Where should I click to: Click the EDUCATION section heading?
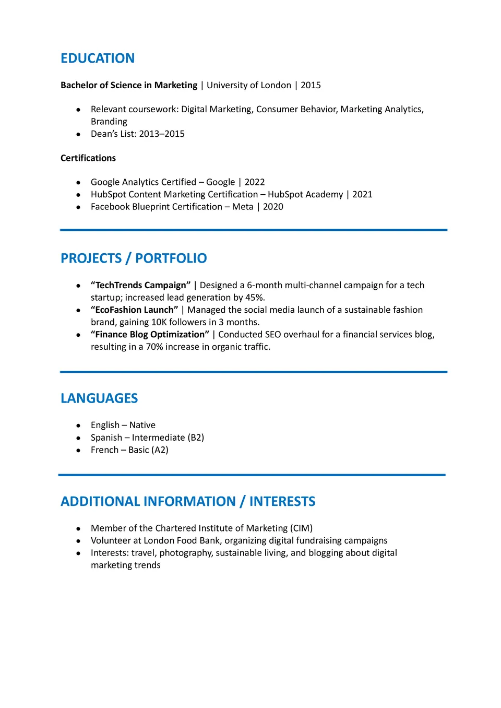[x=98, y=58]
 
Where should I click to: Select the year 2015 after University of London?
[x=311, y=85]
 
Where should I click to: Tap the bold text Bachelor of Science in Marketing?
[x=129, y=85]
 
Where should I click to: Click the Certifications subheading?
[x=88, y=158]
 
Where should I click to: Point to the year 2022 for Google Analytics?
[x=255, y=182]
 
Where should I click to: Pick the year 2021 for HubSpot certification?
[x=362, y=194]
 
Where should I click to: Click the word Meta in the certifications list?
[x=243, y=207]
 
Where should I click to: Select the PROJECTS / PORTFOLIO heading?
[x=134, y=258]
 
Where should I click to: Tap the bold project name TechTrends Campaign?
[x=141, y=285]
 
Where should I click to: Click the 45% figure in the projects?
[x=255, y=298]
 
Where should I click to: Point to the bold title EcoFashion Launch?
[x=135, y=310]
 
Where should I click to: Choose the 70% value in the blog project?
[x=154, y=347]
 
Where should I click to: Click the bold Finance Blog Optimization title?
[x=150, y=334]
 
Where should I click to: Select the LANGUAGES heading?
[x=99, y=398]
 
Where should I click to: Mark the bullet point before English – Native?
[x=78, y=426]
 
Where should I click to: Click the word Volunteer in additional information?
[x=111, y=540]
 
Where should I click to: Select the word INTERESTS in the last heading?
[x=282, y=501]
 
